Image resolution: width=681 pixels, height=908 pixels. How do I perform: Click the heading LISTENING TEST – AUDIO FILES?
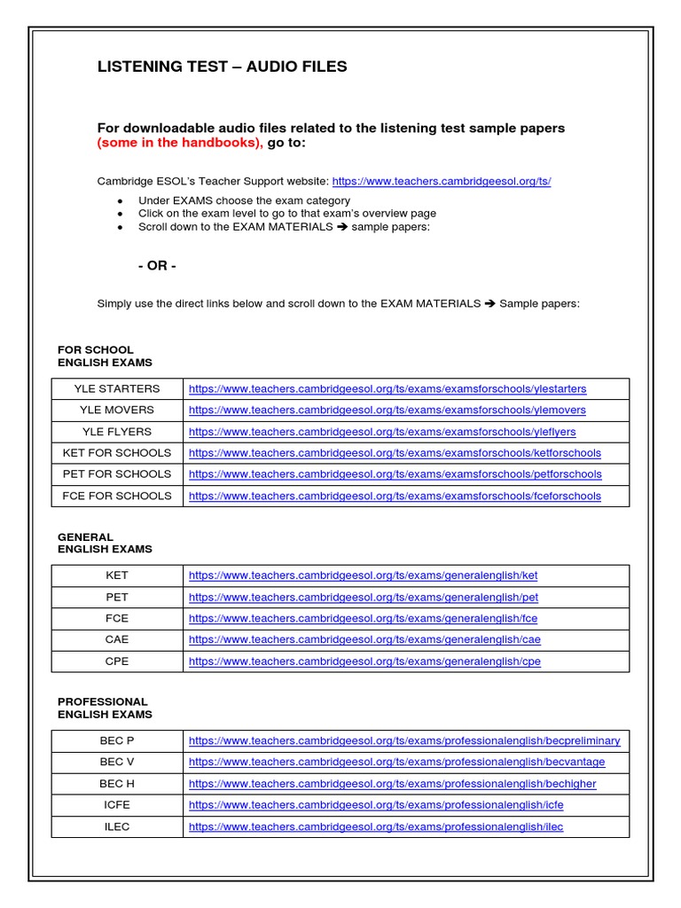(222, 67)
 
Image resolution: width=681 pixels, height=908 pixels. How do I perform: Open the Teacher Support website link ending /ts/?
(442, 182)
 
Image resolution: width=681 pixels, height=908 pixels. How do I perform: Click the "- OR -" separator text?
(157, 266)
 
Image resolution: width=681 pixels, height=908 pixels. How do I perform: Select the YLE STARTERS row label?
(117, 388)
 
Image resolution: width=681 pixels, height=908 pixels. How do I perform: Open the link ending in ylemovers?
(387, 411)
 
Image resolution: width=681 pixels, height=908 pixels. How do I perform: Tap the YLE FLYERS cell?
(117, 432)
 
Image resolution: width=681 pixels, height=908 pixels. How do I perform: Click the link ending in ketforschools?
(395, 453)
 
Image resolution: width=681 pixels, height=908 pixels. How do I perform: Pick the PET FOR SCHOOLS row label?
(117, 474)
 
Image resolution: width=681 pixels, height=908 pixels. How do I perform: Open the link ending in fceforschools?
(395, 497)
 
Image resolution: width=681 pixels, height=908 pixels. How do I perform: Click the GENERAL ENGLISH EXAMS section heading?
(105, 543)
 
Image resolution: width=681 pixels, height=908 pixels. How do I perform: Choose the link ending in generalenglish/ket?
(364, 576)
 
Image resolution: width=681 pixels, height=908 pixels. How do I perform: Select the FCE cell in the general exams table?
(117, 618)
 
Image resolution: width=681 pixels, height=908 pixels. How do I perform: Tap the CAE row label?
(117, 639)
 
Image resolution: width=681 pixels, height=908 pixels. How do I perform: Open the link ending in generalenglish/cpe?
(364, 661)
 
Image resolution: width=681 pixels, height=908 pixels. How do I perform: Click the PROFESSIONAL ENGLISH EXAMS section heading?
(105, 708)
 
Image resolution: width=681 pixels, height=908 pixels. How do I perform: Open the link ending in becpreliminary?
(404, 741)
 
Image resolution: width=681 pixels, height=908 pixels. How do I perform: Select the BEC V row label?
(117, 762)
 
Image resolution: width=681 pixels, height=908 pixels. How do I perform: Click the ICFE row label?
(117, 805)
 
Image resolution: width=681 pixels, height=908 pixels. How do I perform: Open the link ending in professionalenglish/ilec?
(376, 827)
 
